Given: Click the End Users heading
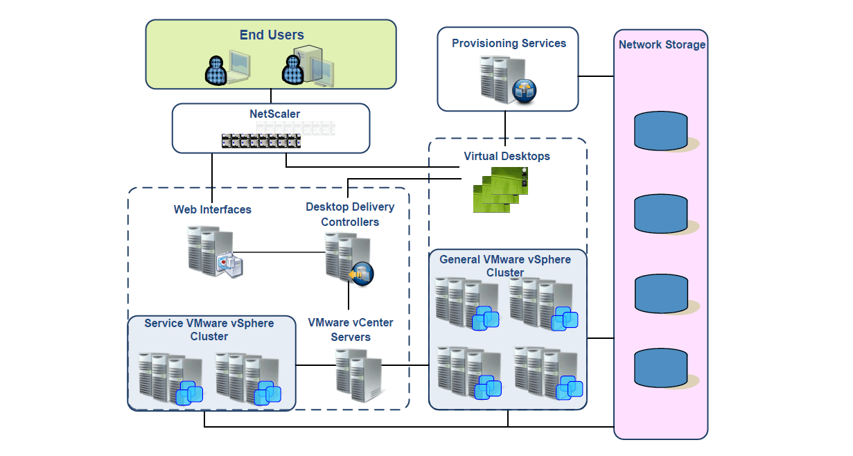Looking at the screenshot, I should coord(272,35).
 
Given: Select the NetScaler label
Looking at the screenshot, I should coord(275,114).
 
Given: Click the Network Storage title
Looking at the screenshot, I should coord(662,45).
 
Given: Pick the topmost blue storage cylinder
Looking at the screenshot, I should coord(661,130).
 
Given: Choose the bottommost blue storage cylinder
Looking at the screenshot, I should coord(661,368).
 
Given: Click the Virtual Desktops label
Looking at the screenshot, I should coord(507,156).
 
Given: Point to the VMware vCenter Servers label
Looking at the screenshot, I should coord(350,330).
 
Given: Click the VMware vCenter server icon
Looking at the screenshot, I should coord(358,374).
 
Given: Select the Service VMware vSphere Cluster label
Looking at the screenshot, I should coord(209,330).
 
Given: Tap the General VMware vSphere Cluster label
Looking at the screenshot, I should coord(505,266).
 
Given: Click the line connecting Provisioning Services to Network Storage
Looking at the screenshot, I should coord(596,76).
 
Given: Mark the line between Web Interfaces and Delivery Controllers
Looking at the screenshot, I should coord(281,252).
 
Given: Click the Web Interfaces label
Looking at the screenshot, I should coord(213,209).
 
